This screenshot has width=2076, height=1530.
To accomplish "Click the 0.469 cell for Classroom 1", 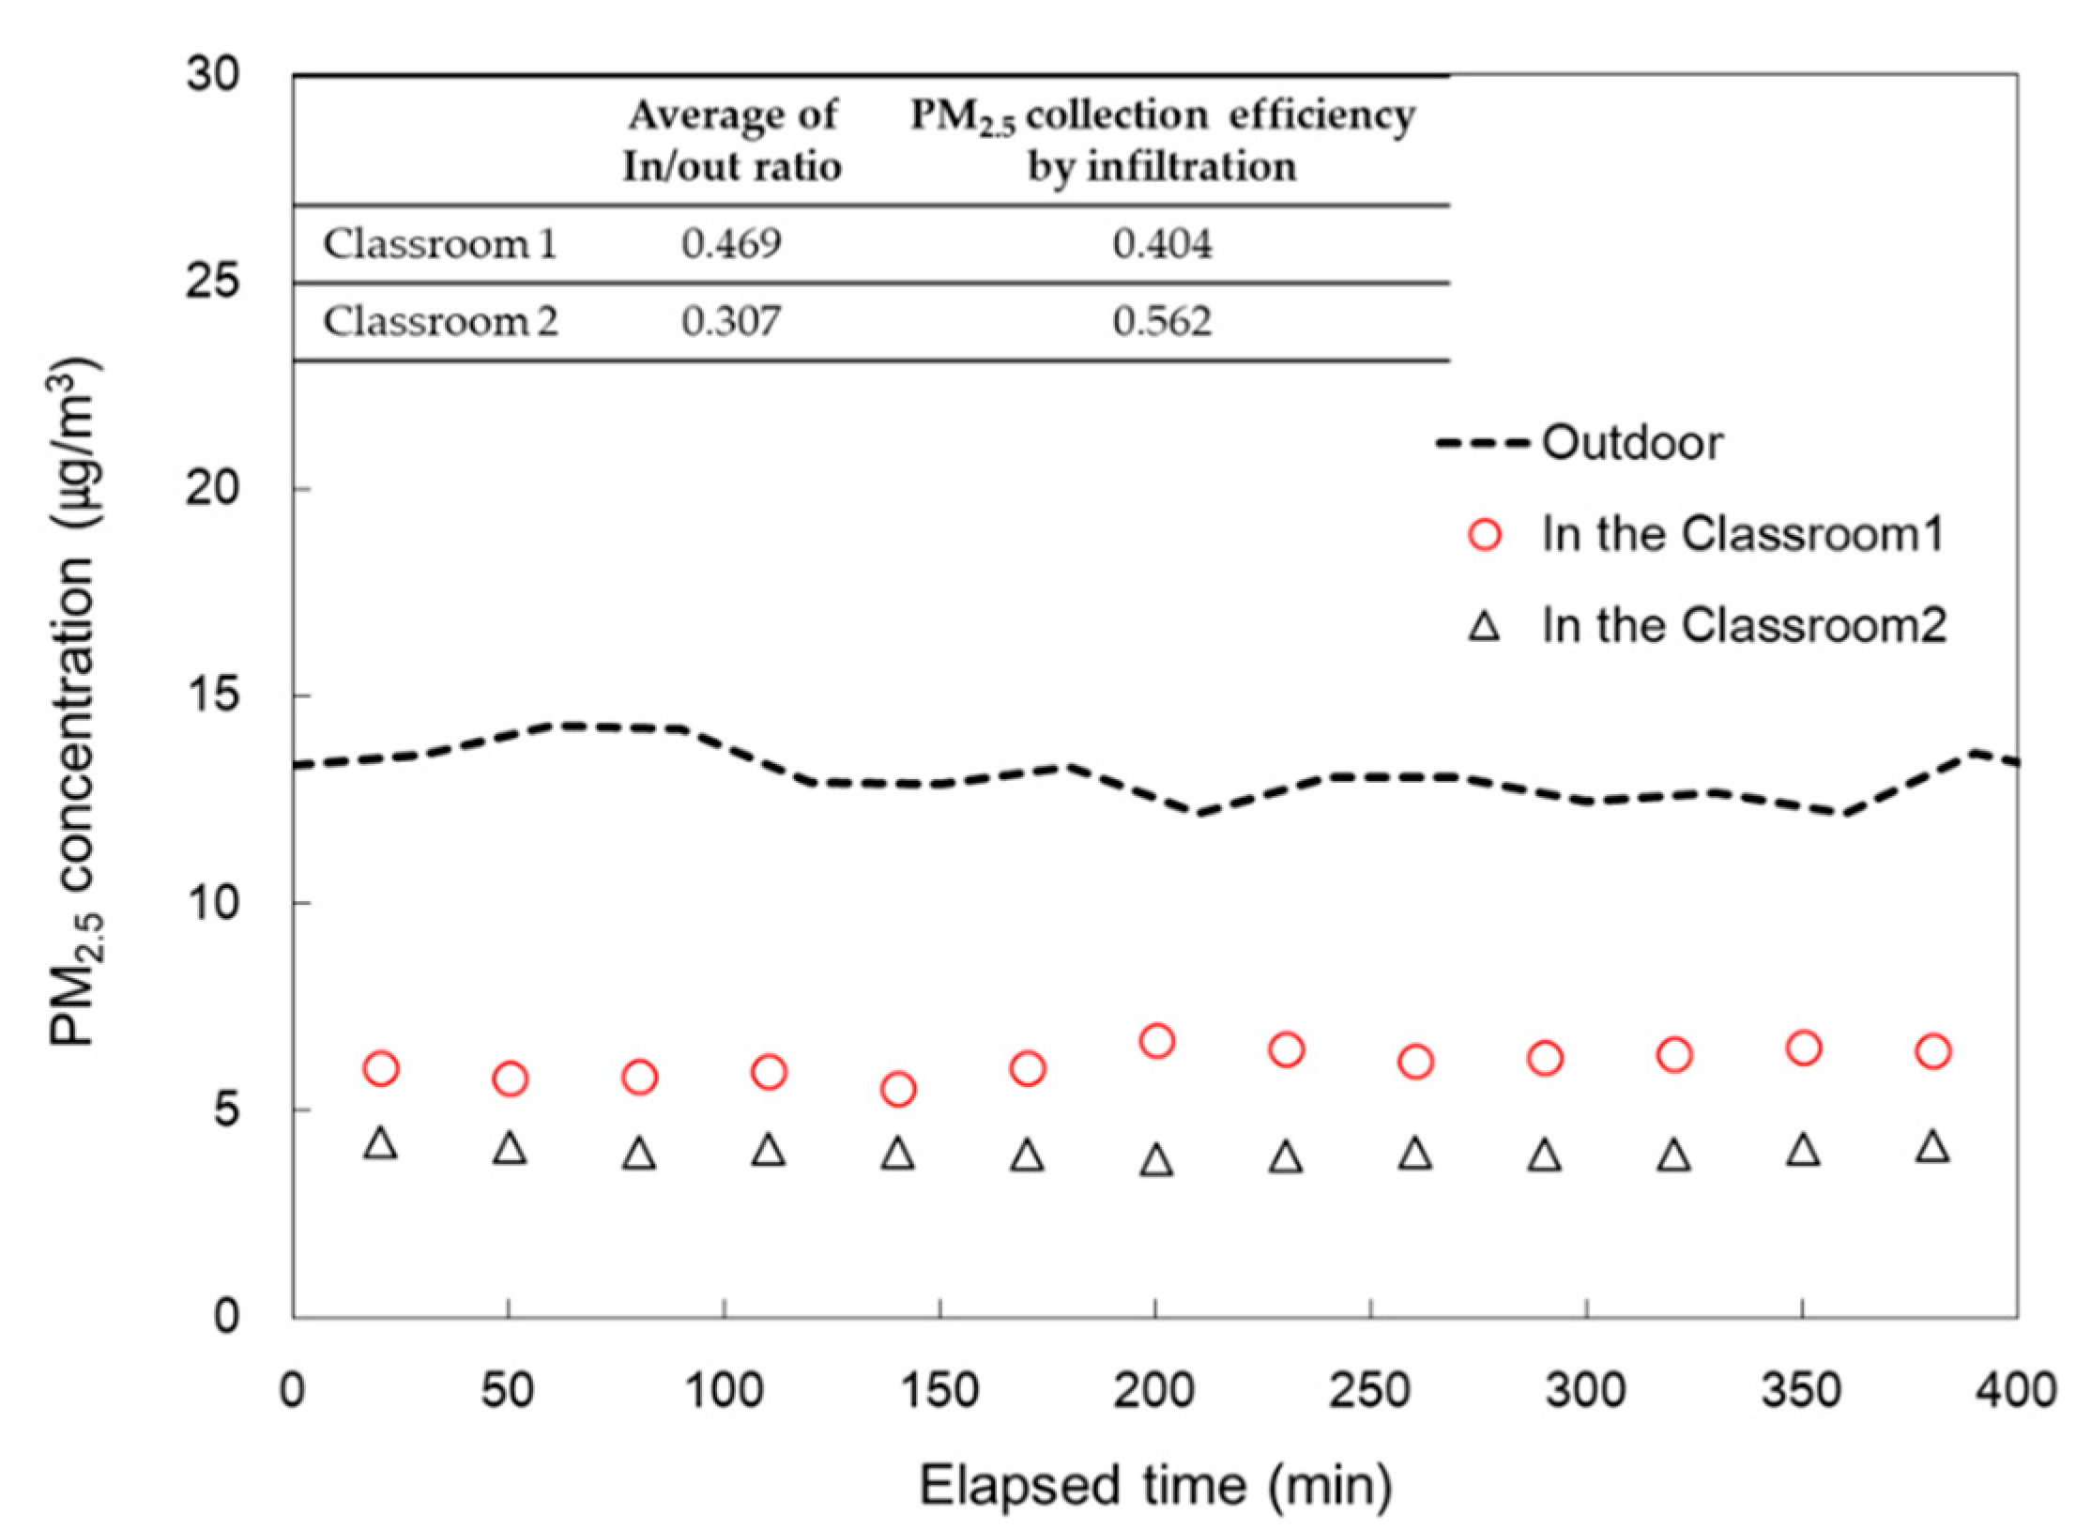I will [x=731, y=245].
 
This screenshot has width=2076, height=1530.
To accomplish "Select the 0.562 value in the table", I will [x=1162, y=322].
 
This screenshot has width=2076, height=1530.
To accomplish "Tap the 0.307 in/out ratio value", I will [x=731, y=322].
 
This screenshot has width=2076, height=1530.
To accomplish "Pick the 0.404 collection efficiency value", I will [x=1162, y=245].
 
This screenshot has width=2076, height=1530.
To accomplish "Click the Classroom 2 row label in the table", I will [x=440, y=322].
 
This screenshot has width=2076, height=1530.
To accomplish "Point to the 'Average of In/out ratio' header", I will [x=731, y=141].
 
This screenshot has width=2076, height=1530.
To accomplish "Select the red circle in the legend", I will [x=1485, y=535].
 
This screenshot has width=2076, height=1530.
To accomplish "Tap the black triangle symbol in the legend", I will [x=1485, y=626].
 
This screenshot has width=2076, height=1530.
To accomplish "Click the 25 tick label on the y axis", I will [x=211, y=282].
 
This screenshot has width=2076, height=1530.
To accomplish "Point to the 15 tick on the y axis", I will [x=211, y=696].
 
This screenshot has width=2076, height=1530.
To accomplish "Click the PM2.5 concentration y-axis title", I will [x=75, y=695].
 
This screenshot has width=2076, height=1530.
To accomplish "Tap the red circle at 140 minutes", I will [x=898, y=1089].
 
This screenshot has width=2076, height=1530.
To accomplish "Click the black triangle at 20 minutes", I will [x=381, y=1144].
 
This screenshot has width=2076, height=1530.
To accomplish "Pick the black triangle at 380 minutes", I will [x=1932, y=1148].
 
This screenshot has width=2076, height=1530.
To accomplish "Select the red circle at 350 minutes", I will [x=1803, y=1048].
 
